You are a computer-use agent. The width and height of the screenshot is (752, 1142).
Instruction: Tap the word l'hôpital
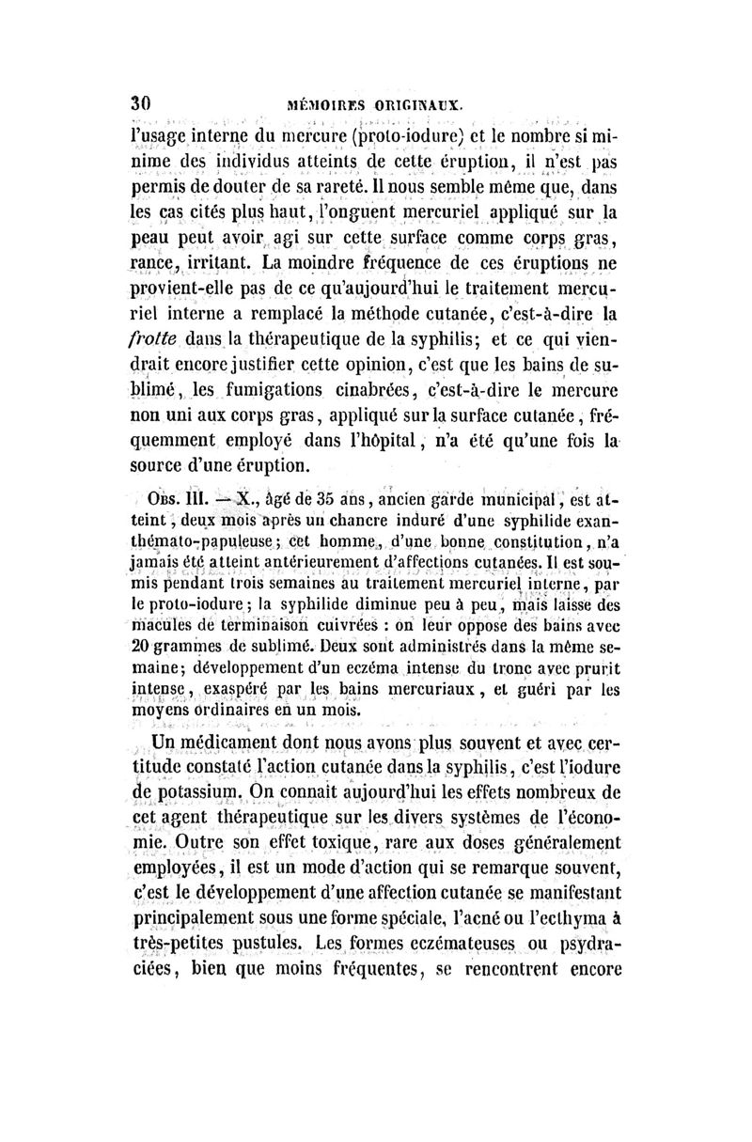coord(368,442)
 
